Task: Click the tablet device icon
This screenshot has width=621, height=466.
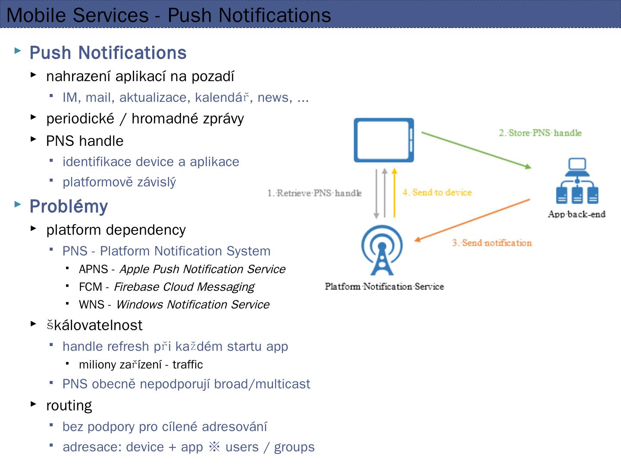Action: [x=383, y=140]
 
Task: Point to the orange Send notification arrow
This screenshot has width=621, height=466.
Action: [x=472, y=220]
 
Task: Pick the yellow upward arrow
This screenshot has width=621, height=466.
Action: [x=394, y=193]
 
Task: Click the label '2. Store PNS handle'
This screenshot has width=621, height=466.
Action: [x=540, y=133]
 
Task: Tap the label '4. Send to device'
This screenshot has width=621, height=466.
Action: [x=437, y=192]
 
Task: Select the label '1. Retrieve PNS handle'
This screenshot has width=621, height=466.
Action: [x=314, y=193]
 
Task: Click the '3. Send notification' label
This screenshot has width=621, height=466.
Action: [x=492, y=243]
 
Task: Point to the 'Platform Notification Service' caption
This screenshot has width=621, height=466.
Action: [x=384, y=287]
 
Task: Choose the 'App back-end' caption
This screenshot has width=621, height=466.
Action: [x=577, y=214]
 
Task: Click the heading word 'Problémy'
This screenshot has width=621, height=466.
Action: [x=69, y=206]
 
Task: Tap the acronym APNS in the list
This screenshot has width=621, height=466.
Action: [x=93, y=269]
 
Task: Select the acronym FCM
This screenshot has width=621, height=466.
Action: [x=91, y=287]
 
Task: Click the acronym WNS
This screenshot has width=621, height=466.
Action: [x=91, y=305]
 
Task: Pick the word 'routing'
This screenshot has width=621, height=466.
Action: [x=69, y=406]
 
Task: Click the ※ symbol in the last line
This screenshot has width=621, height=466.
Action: [x=214, y=447]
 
